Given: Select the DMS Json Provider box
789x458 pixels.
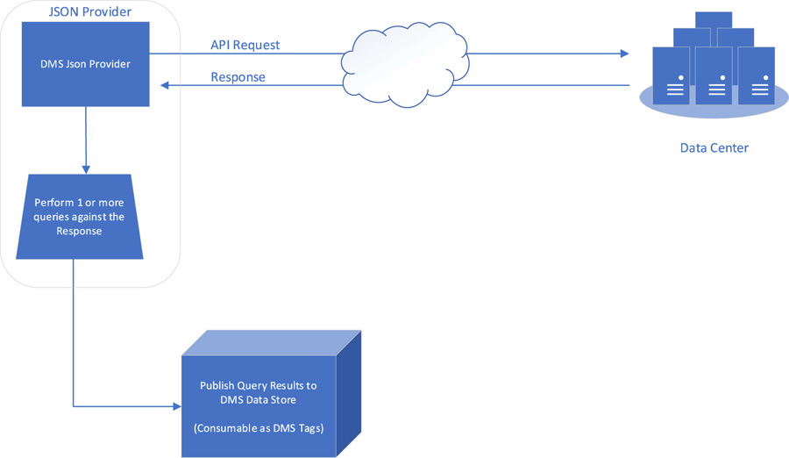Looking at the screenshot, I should click(x=85, y=64).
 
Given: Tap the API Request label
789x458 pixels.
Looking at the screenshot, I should click(x=245, y=45).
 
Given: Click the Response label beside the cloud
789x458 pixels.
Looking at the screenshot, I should click(x=238, y=77).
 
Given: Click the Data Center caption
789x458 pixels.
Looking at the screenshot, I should click(x=714, y=147).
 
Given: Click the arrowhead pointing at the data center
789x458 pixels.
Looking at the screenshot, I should click(x=624, y=54).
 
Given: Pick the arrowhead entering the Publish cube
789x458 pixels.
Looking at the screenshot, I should click(x=176, y=407).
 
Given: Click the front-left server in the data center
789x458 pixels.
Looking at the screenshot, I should click(x=671, y=77).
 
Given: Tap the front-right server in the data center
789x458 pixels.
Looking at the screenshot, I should click(x=756, y=77).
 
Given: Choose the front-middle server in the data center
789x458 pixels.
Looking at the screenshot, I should click(x=714, y=77).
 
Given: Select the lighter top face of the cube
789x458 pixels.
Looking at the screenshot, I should click(x=272, y=343).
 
